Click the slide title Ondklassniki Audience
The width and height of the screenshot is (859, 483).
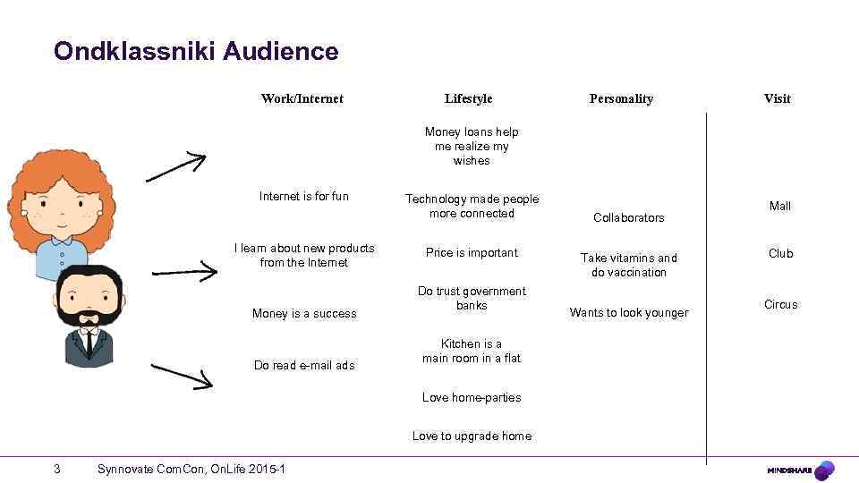(196, 52)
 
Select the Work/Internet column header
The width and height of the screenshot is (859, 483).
(302, 98)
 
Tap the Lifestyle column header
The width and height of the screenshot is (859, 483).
(468, 98)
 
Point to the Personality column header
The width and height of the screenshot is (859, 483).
(621, 98)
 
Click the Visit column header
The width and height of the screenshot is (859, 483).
(777, 98)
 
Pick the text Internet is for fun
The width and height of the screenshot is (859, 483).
(304, 196)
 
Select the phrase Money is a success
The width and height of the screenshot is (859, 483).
(304, 313)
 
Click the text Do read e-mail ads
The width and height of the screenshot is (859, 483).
(304, 365)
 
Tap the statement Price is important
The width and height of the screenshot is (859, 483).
(472, 253)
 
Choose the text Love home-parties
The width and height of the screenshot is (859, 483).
(472, 397)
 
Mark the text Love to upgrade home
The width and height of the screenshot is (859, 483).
(472, 436)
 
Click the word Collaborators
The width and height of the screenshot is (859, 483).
(629, 217)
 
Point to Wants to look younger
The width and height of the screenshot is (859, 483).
(629, 313)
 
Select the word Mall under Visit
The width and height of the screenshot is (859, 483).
(780, 207)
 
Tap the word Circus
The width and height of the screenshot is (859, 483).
(780, 305)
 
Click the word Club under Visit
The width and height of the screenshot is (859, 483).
(780, 254)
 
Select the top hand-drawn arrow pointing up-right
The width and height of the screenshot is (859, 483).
(175, 165)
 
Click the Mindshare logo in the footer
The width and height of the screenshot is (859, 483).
(801, 470)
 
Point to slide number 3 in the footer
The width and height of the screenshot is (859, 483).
(57, 469)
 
